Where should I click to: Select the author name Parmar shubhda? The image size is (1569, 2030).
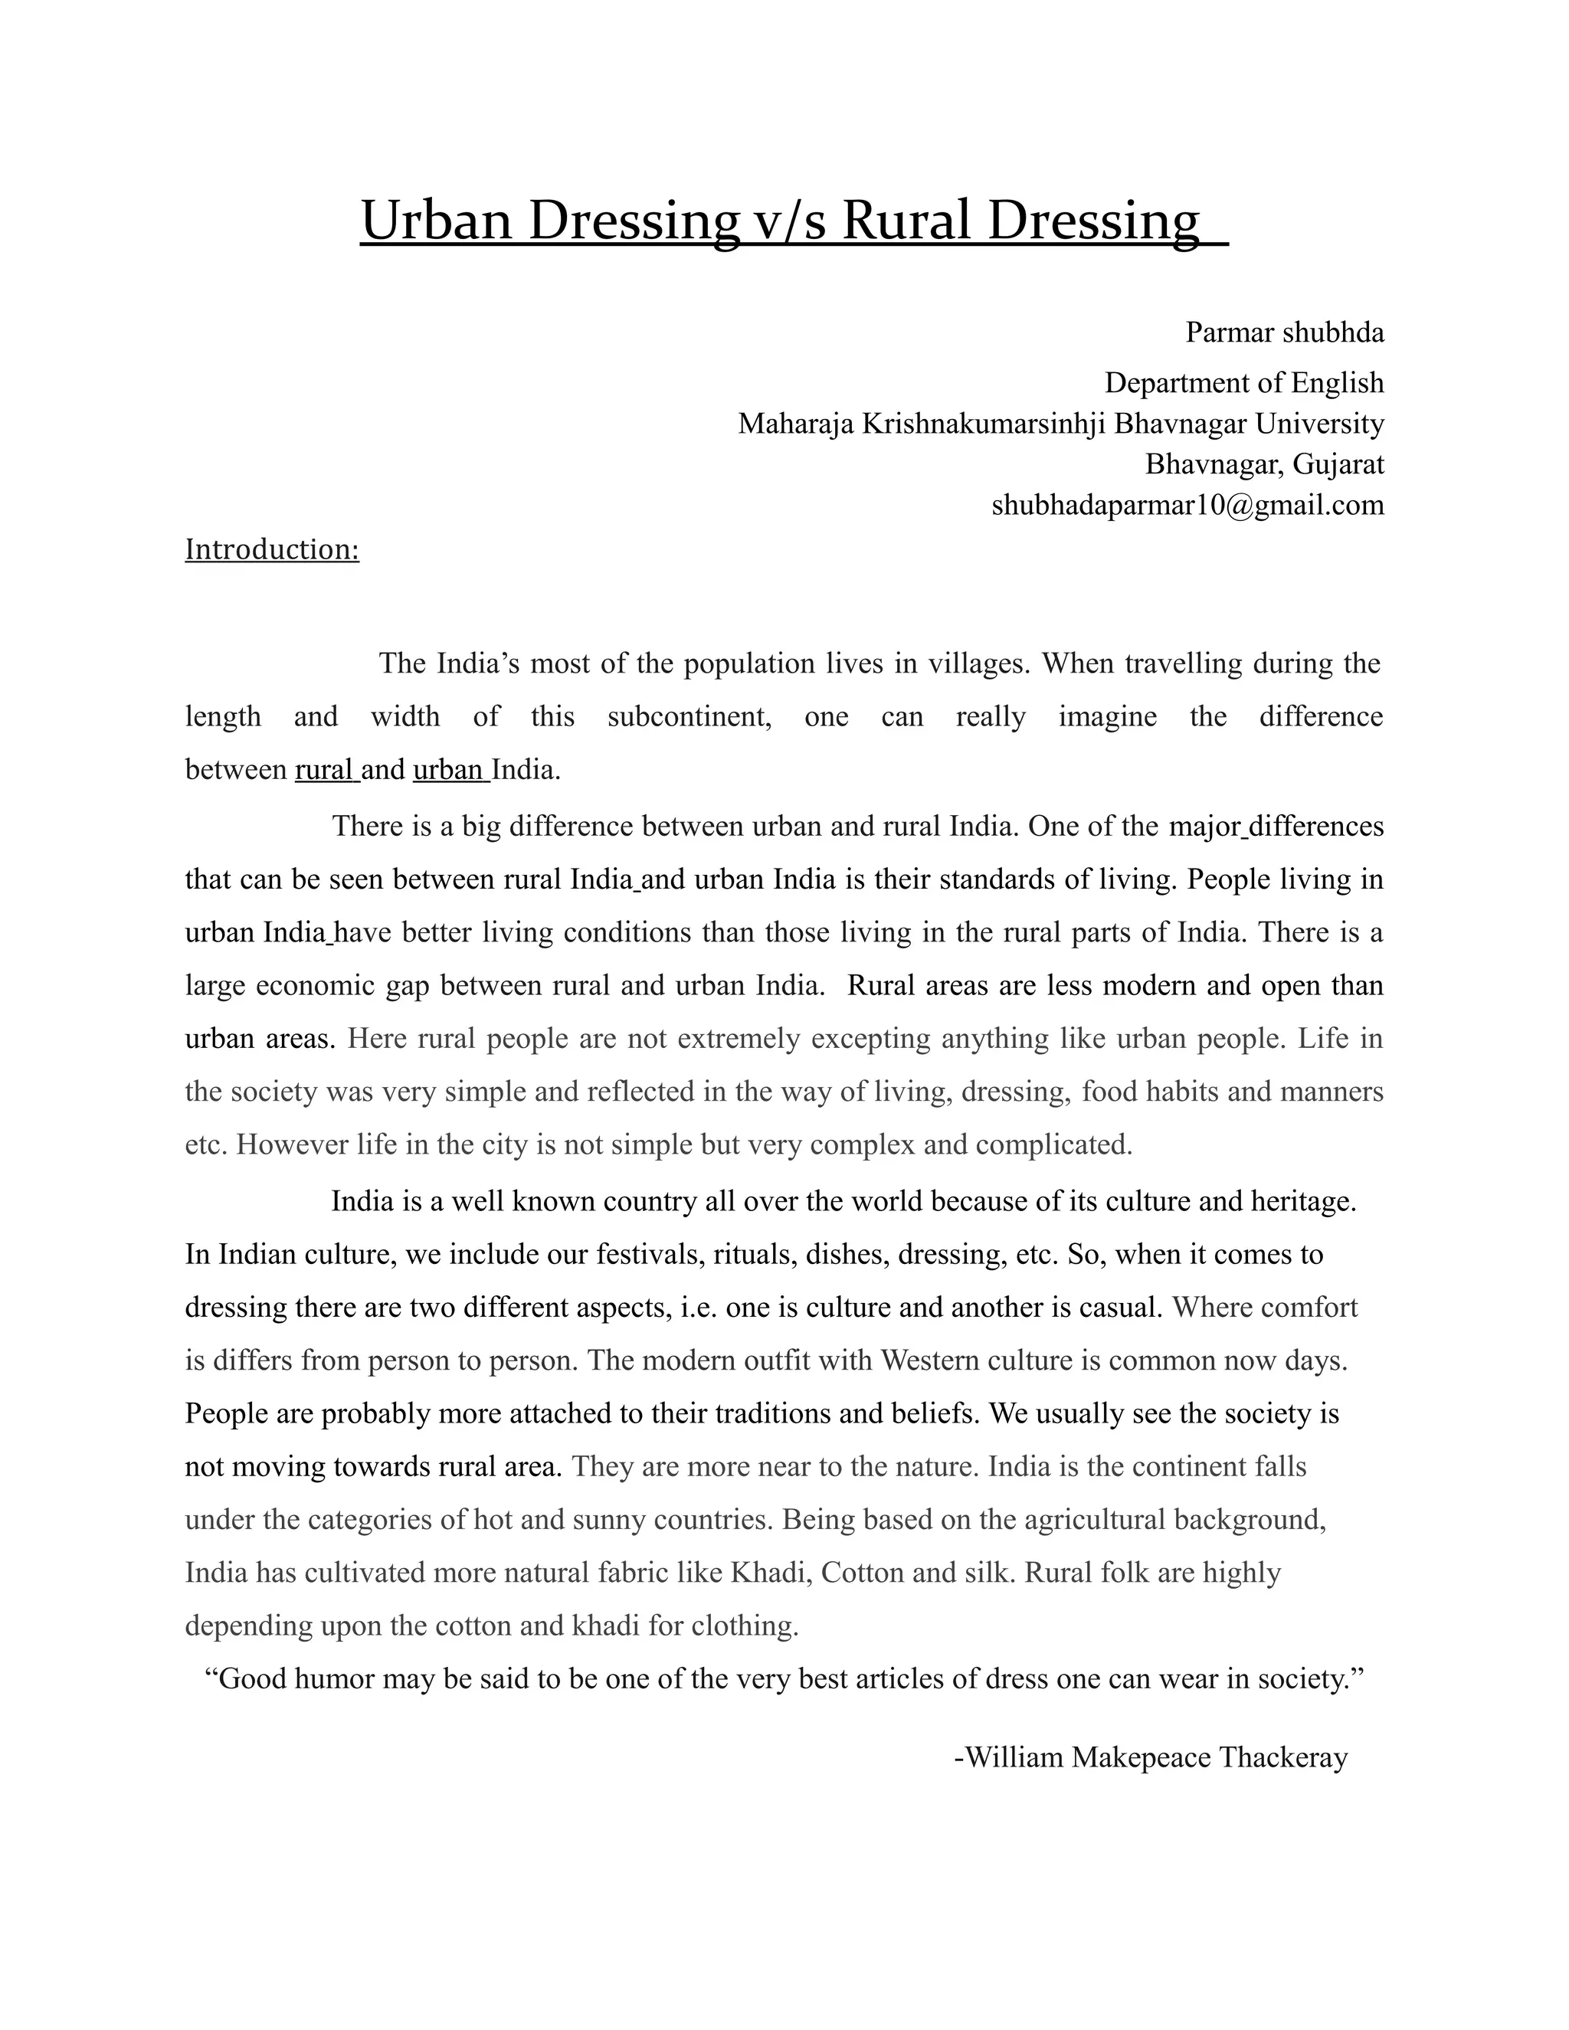[1285, 332]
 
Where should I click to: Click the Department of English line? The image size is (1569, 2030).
[1243, 383]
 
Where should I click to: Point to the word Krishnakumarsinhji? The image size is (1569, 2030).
[984, 424]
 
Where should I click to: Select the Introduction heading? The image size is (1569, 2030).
[271, 549]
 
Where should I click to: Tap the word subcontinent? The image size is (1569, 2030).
[689, 718]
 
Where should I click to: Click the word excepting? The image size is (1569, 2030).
[870, 1038]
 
